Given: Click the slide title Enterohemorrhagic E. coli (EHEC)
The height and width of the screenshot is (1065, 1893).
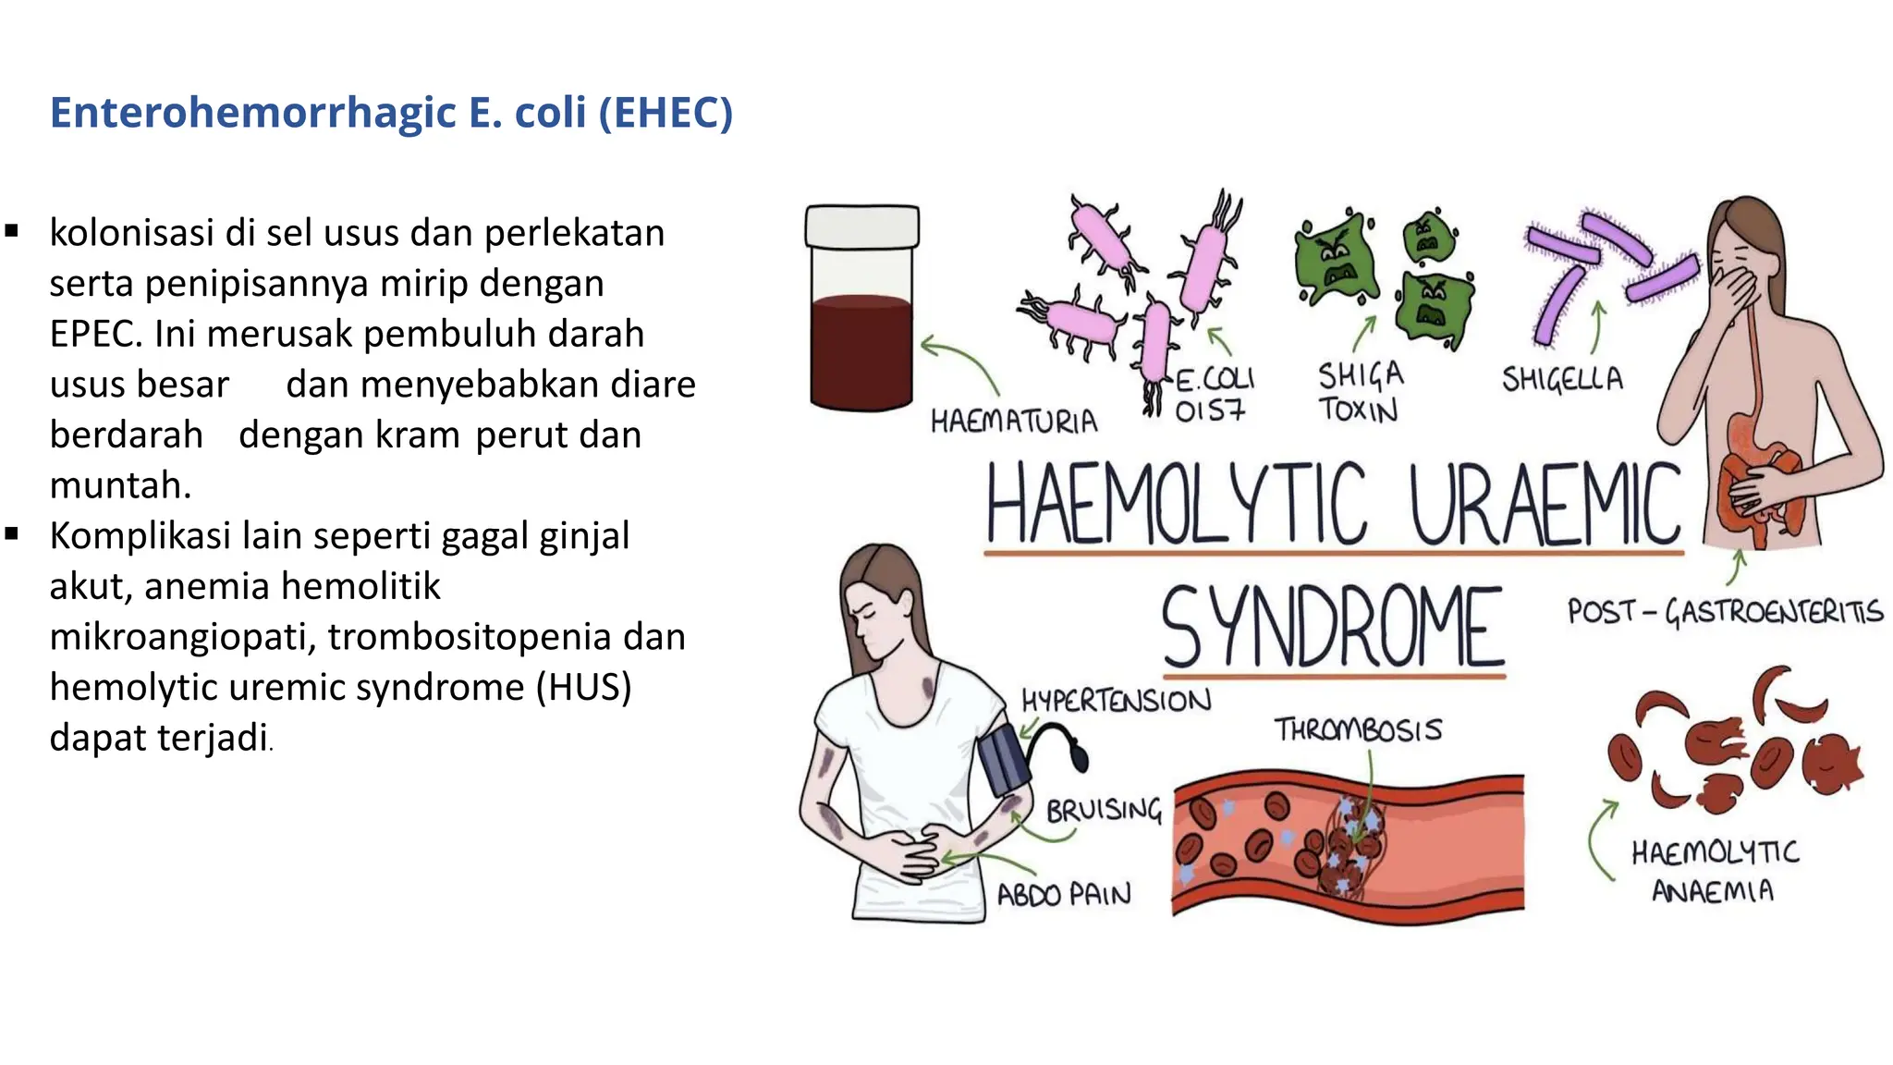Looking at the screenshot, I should click(x=391, y=113).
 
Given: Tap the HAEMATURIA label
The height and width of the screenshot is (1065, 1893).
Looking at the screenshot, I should click(x=1014, y=422).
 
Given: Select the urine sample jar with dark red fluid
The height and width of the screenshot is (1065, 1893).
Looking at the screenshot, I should click(x=861, y=342).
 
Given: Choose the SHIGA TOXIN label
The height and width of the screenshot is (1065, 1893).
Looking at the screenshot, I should click(x=1360, y=392).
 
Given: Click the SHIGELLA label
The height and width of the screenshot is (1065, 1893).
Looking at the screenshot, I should click(x=1562, y=379).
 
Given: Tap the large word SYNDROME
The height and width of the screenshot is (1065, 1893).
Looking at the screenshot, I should click(x=1332, y=628).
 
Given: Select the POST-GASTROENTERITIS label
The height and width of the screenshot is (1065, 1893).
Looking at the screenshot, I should click(x=1725, y=612).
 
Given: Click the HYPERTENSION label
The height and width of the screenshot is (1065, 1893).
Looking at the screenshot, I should click(x=1116, y=701).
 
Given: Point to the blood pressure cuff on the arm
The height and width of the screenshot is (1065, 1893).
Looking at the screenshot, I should click(x=1003, y=760).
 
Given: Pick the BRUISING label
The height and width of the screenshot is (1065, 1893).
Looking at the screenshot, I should click(x=1104, y=811).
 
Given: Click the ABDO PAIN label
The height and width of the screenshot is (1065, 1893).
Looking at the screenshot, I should click(x=1063, y=894).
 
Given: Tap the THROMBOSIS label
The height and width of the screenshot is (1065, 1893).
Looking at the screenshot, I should click(x=1358, y=729).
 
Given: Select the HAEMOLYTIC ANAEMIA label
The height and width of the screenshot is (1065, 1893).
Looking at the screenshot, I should click(x=1715, y=870).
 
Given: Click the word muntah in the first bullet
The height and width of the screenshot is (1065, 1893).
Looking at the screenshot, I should click(x=119, y=485).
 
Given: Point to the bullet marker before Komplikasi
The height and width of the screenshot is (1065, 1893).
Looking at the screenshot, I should click(x=12, y=534).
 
